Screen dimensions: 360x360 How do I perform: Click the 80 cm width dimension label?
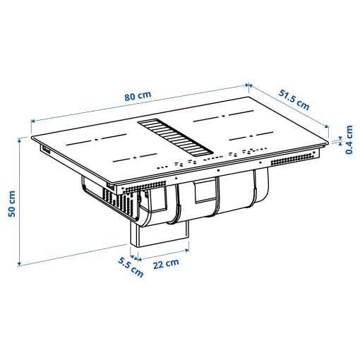[x=138, y=97]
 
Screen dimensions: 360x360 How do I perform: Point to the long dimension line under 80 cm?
[x=141, y=105]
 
